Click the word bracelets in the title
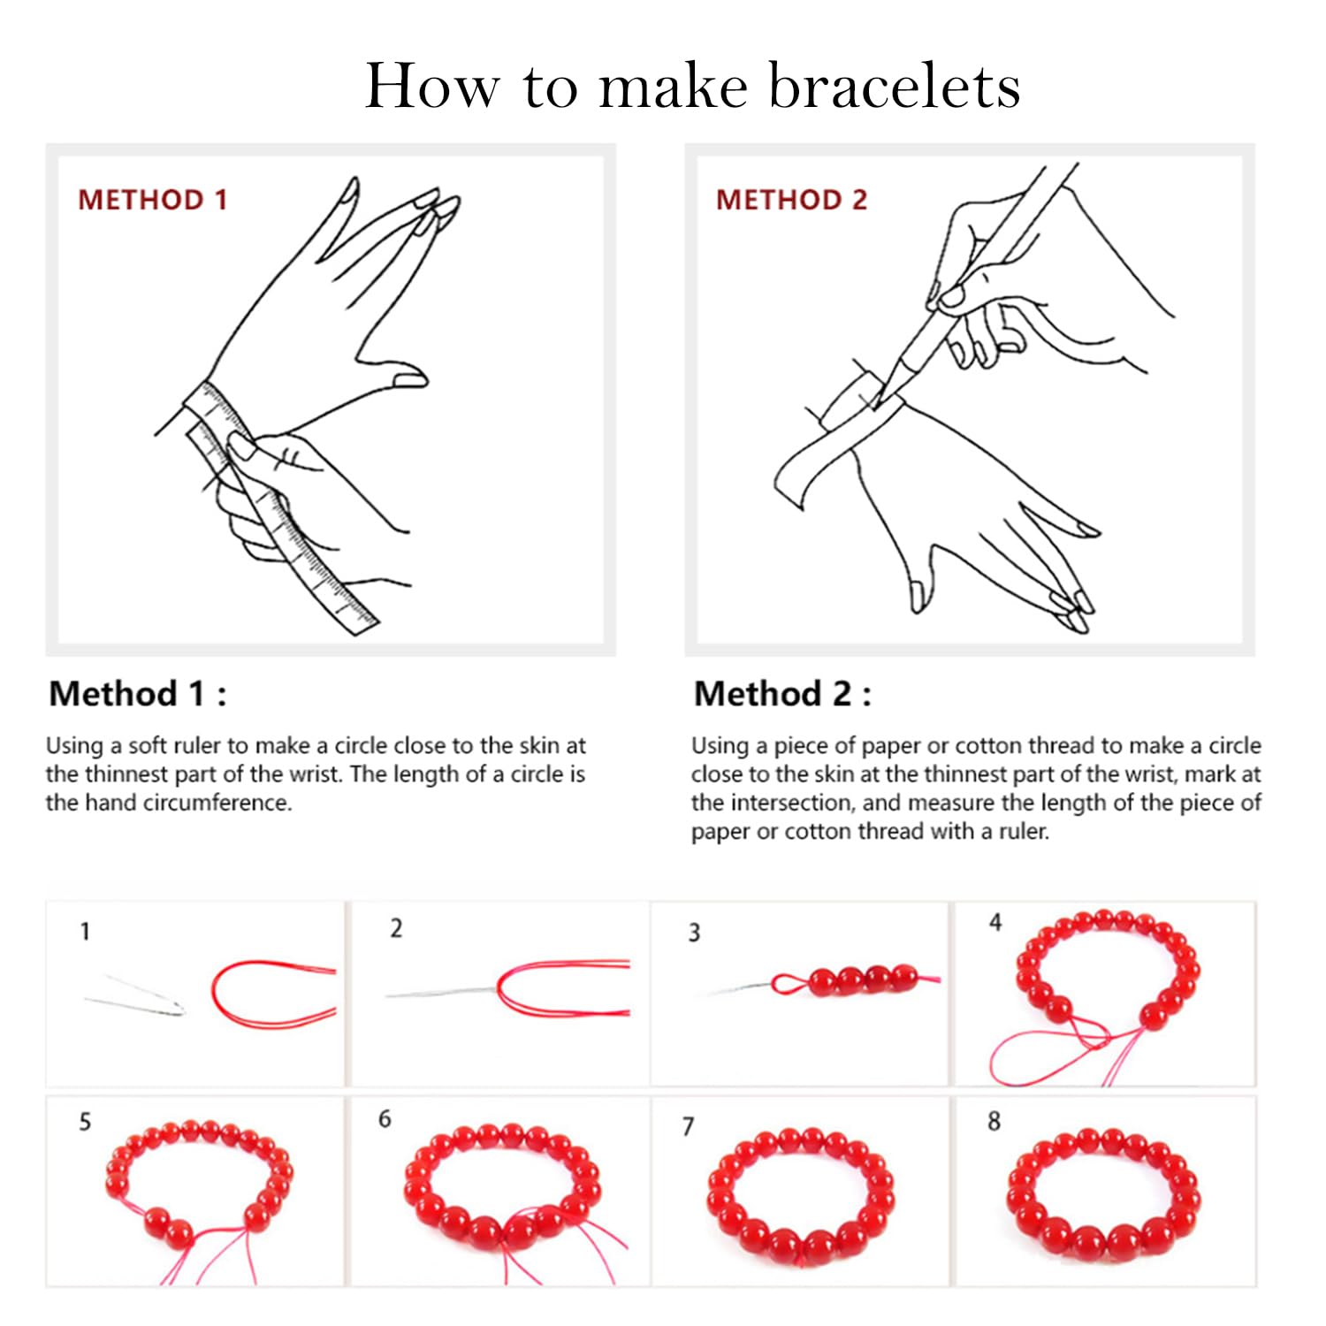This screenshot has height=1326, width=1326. coord(895,87)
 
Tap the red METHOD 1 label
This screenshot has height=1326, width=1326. coord(152,200)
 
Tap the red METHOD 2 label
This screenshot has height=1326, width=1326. coord(791,200)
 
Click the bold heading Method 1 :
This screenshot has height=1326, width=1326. coord(138,694)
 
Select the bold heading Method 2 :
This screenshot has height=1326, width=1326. coord(782,694)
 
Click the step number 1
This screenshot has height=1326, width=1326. coord(85,932)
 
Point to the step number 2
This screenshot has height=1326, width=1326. coord(396,928)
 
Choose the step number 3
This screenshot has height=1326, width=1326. coord(694,933)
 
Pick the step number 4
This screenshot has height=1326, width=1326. coord(995,923)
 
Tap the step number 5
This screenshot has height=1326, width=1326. coord(85,1122)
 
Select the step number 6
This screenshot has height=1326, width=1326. coord(385,1119)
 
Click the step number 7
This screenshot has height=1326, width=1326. coord(688,1126)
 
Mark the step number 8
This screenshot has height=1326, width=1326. coord(994,1122)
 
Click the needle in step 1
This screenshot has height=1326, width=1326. coord(137,997)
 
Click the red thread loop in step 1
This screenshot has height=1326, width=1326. coord(265,994)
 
